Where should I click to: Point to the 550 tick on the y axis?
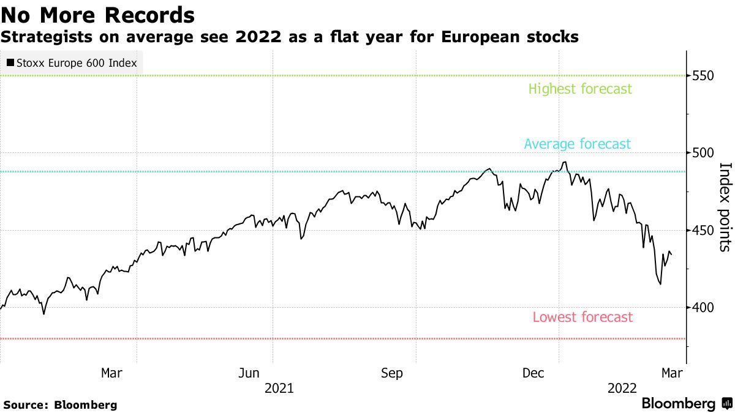tap(703, 76)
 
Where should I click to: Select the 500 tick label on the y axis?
tap(703, 153)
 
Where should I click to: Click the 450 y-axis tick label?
tap(703, 230)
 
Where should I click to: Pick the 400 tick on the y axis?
tap(703, 307)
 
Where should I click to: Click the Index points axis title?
tap(725, 207)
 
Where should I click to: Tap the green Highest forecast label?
tap(580, 89)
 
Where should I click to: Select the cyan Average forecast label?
tap(577, 144)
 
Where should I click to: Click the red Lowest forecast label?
tap(582, 317)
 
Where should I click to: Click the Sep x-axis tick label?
tap(391, 373)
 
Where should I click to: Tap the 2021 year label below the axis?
tap(279, 388)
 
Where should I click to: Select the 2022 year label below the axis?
tap(622, 388)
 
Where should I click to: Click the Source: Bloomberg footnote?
tap(59, 404)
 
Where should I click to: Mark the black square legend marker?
tap(10, 63)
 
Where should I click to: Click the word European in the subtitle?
tap(481, 37)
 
